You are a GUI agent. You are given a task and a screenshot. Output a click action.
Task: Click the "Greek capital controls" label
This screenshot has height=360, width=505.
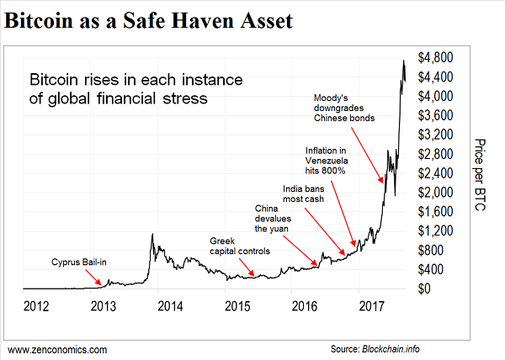(239, 246)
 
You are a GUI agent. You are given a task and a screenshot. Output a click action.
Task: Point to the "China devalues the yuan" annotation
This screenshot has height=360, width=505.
(274, 217)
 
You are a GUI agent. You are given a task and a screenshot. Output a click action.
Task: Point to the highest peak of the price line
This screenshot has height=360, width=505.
(404, 61)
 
